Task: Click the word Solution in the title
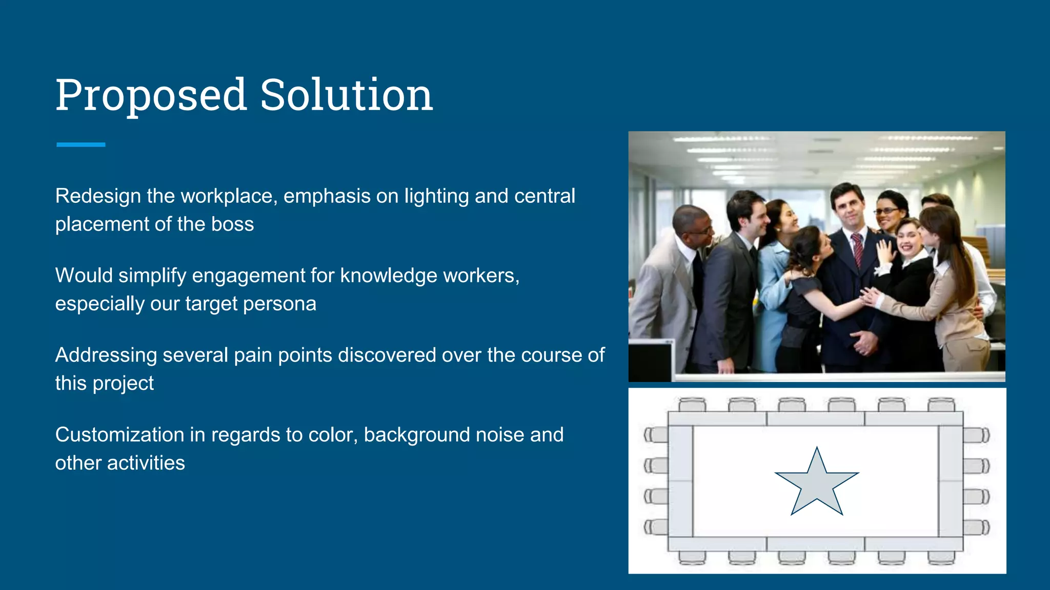[347, 95]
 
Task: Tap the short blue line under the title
[81, 145]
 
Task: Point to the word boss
[232, 224]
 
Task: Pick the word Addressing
[106, 355]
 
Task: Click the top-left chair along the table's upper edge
[692, 405]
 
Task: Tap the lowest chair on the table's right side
[976, 527]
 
